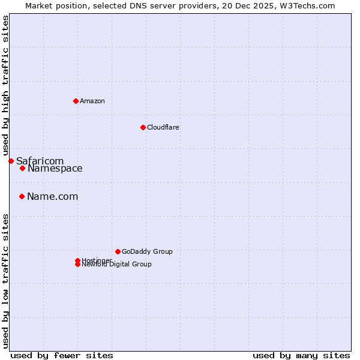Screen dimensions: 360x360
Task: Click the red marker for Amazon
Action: tap(76, 101)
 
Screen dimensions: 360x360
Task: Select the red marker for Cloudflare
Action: tap(143, 127)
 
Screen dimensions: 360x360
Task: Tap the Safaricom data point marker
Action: tap(11, 161)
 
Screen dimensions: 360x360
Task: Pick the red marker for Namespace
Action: tap(22, 168)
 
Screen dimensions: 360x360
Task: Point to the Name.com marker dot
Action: tap(22, 196)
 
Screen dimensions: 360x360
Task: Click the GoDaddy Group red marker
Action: tap(118, 251)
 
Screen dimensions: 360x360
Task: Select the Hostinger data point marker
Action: tap(77, 260)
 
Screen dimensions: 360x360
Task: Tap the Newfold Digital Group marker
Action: tap(77, 265)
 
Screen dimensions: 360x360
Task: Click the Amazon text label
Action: tap(92, 101)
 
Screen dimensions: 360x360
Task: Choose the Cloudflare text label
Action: tap(163, 127)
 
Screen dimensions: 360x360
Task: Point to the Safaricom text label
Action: tap(40, 161)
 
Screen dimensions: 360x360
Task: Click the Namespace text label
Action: tap(55, 169)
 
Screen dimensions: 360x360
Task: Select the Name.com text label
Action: tap(53, 197)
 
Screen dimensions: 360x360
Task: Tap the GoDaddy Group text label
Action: tap(147, 251)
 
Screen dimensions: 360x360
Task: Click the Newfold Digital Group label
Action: tap(117, 265)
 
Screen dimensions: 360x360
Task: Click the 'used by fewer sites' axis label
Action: tap(62, 355)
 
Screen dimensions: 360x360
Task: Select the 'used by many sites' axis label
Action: tap(301, 355)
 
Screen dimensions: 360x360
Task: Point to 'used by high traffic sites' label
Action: tap(5, 85)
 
